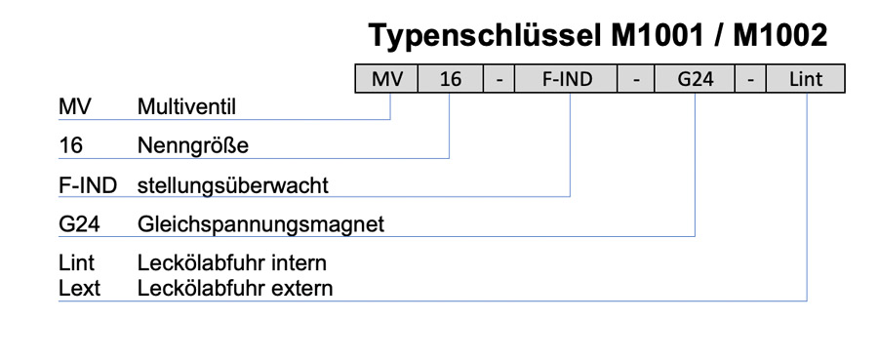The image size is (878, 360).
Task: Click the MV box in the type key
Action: pyautogui.click(x=387, y=79)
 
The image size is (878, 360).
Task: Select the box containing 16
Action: pyautogui.click(x=451, y=79)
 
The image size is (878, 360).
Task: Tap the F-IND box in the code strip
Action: pyautogui.click(x=566, y=79)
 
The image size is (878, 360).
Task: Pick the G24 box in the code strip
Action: pyautogui.click(x=695, y=79)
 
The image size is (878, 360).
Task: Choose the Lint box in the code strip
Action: pyautogui.click(x=806, y=79)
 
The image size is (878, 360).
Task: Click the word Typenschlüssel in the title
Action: pyautogui.click(x=485, y=37)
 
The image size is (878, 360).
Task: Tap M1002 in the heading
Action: pyautogui.click(x=780, y=36)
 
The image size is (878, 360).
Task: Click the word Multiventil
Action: pyautogui.click(x=186, y=107)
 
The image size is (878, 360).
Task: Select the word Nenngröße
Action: pyautogui.click(x=193, y=146)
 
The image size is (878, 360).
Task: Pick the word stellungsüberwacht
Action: pyautogui.click(x=233, y=186)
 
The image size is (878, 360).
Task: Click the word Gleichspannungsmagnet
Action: pyautogui.click(x=260, y=225)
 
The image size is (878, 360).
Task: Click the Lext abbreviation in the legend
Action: pyautogui.click(x=80, y=289)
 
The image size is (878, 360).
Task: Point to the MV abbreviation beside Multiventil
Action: pyautogui.click(x=74, y=107)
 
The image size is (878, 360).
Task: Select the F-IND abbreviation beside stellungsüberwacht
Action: pyautogui.click(x=88, y=186)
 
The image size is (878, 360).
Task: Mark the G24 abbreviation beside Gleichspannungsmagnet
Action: pyautogui.click(x=80, y=225)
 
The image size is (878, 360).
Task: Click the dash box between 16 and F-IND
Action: pyautogui.click(x=499, y=79)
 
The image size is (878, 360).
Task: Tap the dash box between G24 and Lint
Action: pyautogui.click(x=750, y=79)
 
